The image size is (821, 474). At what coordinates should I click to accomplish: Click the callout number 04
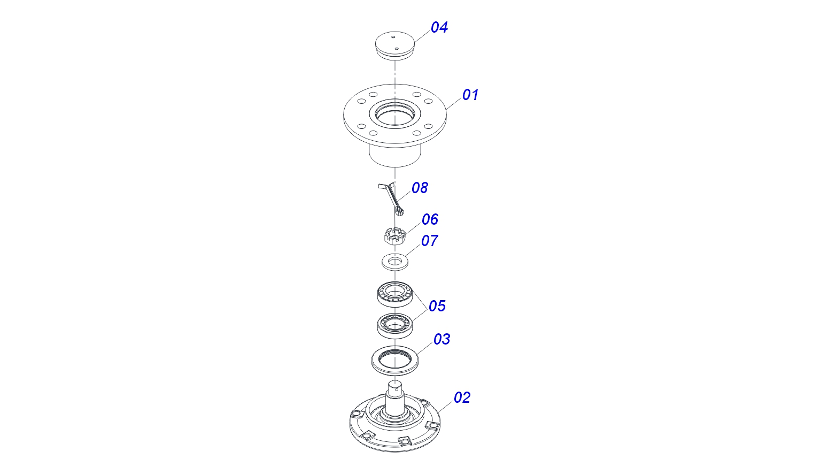point(439,27)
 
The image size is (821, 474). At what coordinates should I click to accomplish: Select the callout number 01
point(470,95)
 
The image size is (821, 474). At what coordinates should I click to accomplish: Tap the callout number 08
point(420,188)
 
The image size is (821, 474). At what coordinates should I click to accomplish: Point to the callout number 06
point(430,219)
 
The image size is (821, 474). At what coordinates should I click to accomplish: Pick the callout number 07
point(430,241)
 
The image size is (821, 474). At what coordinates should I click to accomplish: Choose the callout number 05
point(437,306)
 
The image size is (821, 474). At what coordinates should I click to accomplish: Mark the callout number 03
point(442,339)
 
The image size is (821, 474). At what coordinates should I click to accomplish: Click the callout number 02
point(462,397)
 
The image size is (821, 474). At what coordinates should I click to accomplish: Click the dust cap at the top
point(395,45)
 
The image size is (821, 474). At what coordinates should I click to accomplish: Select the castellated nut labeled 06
point(394,236)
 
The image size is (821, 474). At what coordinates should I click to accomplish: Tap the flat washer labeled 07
point(395,262)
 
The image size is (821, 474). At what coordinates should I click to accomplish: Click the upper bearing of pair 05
point(395,294)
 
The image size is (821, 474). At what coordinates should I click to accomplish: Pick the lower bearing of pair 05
point(395,325)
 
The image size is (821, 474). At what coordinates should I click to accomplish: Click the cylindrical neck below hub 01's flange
point(395,156)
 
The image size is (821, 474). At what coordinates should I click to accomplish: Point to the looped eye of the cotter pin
point(399,212)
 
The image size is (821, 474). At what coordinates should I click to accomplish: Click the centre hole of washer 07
point(395,261)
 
